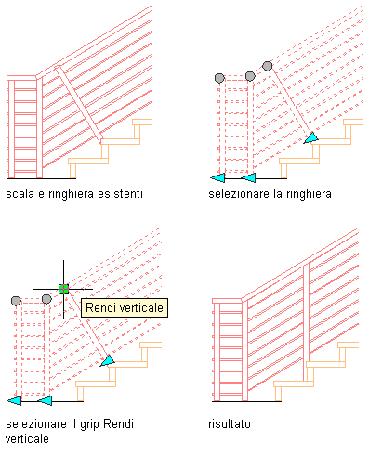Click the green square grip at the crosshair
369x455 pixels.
click(63, 289)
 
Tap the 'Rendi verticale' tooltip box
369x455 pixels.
click(125, 307)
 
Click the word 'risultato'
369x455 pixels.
click(230, 423)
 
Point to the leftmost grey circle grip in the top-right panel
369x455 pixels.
click(219, 78)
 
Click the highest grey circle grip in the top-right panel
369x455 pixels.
click(268, 66)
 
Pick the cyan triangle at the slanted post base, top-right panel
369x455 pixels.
click(311, 138)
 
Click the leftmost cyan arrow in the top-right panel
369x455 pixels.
click(217, 178)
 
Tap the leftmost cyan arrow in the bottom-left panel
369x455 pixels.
click(14, 401)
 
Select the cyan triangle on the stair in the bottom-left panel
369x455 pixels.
click(108, 361)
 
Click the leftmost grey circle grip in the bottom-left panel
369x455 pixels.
click(16, 301)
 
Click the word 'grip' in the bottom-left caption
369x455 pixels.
click(90, 424)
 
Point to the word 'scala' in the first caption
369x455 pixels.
click(20, 194)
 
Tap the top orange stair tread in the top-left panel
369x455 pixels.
click(142, 122)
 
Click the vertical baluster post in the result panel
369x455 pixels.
click(306, 322)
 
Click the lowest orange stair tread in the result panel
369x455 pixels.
click(294, 383)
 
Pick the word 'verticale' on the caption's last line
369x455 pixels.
click(27, 439)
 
